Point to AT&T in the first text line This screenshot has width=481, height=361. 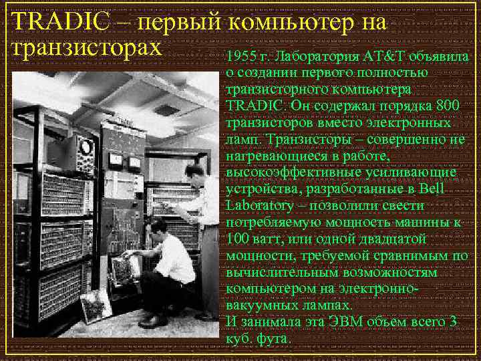379,56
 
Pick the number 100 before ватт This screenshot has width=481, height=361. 238,239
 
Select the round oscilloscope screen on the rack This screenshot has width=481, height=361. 85,147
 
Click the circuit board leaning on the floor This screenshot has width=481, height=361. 96,308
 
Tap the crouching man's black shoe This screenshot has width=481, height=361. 154,321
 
